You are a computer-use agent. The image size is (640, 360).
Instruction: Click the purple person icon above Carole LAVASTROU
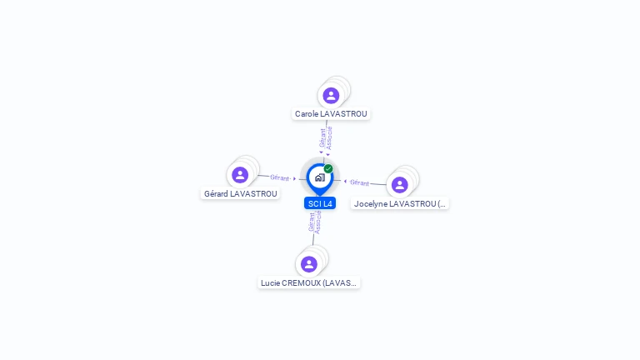[x=331, y=95]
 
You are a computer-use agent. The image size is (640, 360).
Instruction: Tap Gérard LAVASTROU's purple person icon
[x=240, y=175]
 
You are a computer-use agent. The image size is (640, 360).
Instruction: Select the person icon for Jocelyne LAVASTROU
[x=399, y=184]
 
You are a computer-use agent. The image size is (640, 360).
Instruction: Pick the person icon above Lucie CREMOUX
[x=309, y=264]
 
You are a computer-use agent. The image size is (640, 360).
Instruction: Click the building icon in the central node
[x=319, y=177]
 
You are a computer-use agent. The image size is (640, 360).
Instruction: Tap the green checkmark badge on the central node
[x=328, y=168]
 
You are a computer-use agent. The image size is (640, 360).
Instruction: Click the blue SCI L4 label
[x=320, y=203]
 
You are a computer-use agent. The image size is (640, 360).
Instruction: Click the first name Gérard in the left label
[x=216, y=194]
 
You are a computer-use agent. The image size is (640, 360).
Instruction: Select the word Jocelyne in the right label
[x=371, y=203]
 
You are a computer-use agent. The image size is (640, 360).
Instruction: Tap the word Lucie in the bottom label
[x=270, y=283]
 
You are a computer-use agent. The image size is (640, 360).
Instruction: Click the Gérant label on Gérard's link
[x=279, y=177]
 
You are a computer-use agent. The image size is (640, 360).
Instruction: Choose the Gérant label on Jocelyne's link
[x=359, y=182]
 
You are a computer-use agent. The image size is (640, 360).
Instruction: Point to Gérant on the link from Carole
[x=322, y=137]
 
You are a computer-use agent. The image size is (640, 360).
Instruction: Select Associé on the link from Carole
[x=329, y=137]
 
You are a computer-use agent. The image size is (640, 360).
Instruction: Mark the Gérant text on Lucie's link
[x=312, y=222]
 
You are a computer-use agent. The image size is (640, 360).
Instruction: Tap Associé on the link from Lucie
[x=318, y=222]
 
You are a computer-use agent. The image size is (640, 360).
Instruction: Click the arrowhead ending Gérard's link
[x=294, y=178]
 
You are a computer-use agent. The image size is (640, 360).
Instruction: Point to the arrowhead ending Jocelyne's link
[x=345, y=181]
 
